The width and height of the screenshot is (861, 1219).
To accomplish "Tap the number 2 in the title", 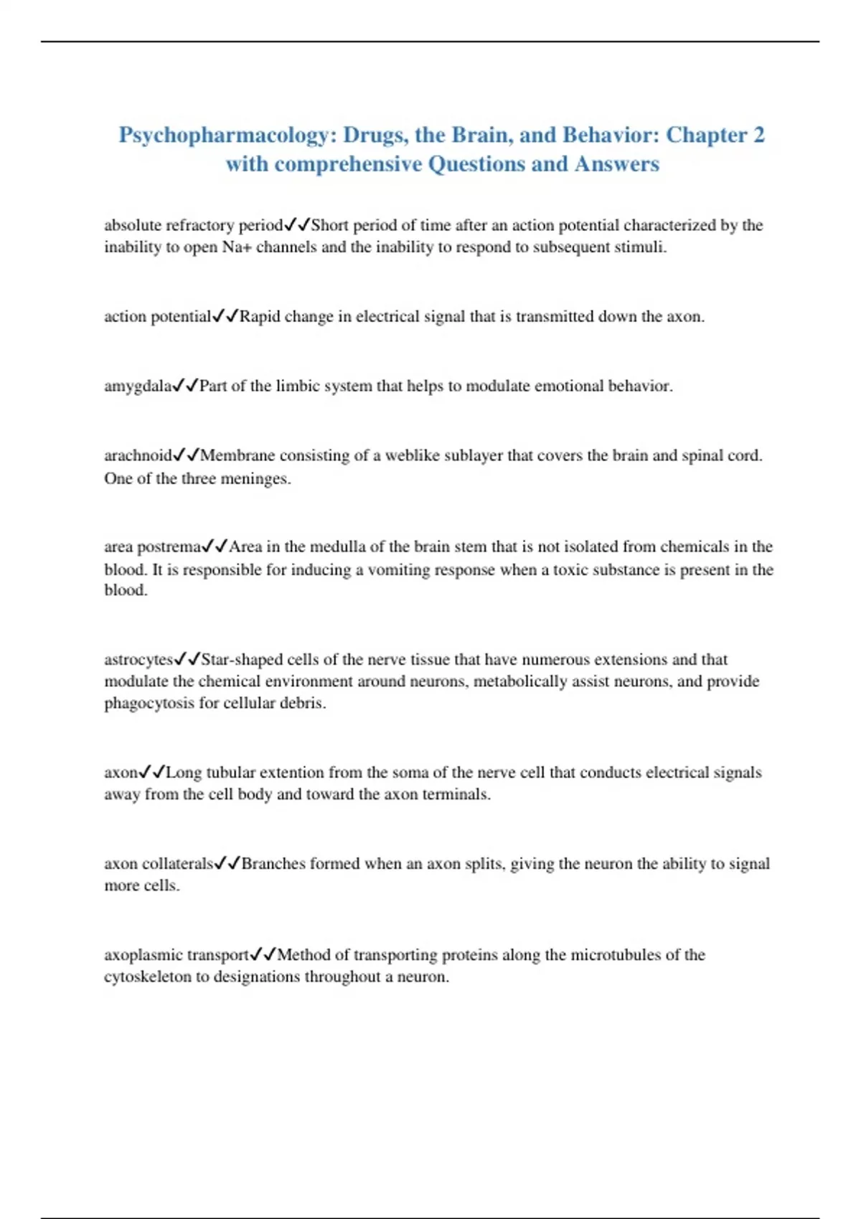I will [758, 136].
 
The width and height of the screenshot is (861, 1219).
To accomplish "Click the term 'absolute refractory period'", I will [193, 225].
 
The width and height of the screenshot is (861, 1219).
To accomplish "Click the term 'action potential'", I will [157, 316].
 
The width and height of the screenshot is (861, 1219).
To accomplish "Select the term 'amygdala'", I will [138, 386].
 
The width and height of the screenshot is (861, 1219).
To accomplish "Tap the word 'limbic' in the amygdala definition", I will [298, 386].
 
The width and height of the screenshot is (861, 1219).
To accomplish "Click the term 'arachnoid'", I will [138, 455].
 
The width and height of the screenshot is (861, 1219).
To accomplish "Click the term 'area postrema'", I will [152, 546].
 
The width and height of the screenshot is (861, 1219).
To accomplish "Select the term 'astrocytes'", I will [139, 659].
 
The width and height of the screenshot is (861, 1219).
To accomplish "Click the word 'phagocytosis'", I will [150, 703].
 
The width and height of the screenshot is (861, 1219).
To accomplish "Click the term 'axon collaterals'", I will [159, 863].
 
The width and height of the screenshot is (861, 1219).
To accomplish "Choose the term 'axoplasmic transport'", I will [177, 954].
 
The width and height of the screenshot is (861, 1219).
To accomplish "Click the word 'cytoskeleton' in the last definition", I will [147, 977].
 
